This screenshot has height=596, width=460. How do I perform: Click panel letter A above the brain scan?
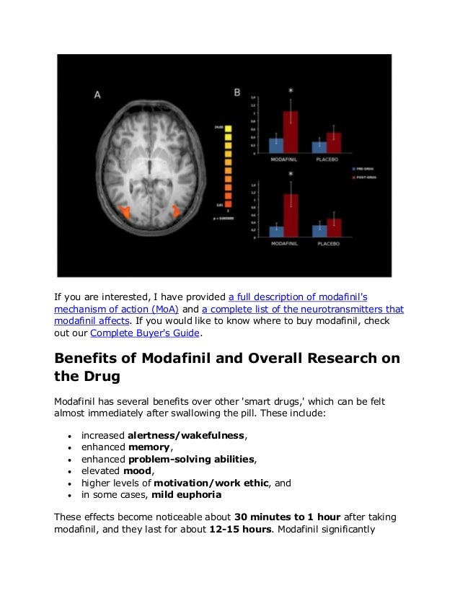pyautogui.click(x=97, y=95)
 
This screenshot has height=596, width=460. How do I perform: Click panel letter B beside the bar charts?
pyautogui.click(x=237, y=92)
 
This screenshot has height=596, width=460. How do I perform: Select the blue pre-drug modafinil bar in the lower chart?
pyautogui.click(x=275, y=231)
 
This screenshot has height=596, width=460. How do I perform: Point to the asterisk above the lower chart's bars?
pyautogui.click(x=290, y=175)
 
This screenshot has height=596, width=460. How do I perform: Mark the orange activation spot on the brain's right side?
pyautogui.click(x=177, y=211)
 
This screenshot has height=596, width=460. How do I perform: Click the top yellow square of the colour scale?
pyautogui.click(x=228, y=128)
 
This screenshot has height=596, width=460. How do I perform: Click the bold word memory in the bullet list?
pyautogui.click(x=150, y=448)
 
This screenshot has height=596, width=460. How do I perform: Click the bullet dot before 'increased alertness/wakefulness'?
pyautogui.click(x=68, y=437)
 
